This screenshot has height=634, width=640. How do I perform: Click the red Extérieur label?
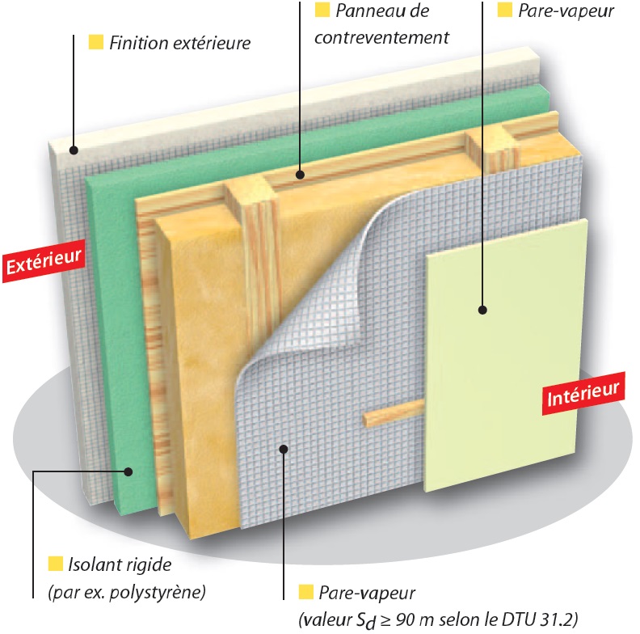(x=44, y=261)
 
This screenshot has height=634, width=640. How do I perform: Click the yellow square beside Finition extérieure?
(x=96, y=43)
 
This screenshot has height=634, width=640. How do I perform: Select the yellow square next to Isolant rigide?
(x=56, y=564)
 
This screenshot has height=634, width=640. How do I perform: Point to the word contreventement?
(x=381, y=37)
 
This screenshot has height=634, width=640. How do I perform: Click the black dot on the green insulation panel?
(x=128, y=471)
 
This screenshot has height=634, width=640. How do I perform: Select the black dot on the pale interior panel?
(x=483, y=310)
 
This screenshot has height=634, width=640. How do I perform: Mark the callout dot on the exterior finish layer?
(x=74, y=150)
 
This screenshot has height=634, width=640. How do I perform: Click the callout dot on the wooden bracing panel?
(x=301, y=175)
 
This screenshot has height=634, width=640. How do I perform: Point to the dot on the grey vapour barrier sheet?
(x=284, y=450)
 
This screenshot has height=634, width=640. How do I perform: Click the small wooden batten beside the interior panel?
(x=394, y=413)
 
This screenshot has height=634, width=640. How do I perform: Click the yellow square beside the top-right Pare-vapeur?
(x=505, y=10)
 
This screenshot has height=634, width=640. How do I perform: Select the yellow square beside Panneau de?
(x=322, y=10)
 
